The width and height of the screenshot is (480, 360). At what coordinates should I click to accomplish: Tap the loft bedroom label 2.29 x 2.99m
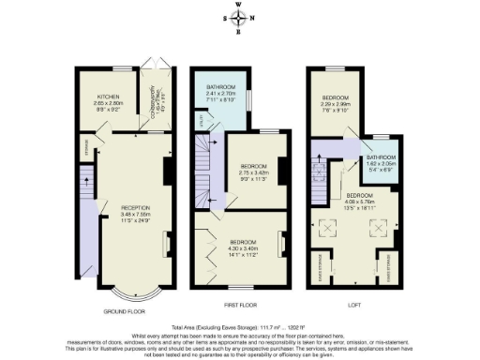pos(336,103)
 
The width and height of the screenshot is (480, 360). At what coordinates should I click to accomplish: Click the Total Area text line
pos(240,320)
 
